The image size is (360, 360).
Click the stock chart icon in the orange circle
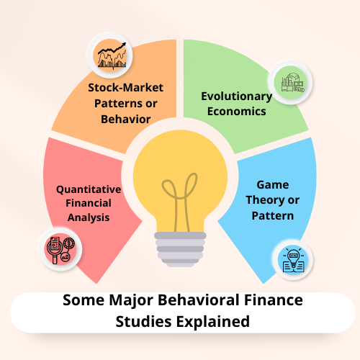[112, 55]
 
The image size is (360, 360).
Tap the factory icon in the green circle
[293, 83]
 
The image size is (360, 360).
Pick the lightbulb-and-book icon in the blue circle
[293, 260]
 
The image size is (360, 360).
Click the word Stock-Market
[125, 88]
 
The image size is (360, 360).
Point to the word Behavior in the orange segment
[125, 120]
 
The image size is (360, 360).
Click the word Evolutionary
[237, 96]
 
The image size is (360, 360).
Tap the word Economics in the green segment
[237, 112]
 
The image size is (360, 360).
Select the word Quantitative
[89, 189]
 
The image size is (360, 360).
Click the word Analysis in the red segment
[89, 217]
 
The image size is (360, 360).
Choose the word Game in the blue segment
[273, 185]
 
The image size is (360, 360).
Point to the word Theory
[264, 200]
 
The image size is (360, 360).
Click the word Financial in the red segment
[89, 203]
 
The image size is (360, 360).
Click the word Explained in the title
[213, 322]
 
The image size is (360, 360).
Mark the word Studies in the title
[143, 322]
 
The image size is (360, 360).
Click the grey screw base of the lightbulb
[180, 249]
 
